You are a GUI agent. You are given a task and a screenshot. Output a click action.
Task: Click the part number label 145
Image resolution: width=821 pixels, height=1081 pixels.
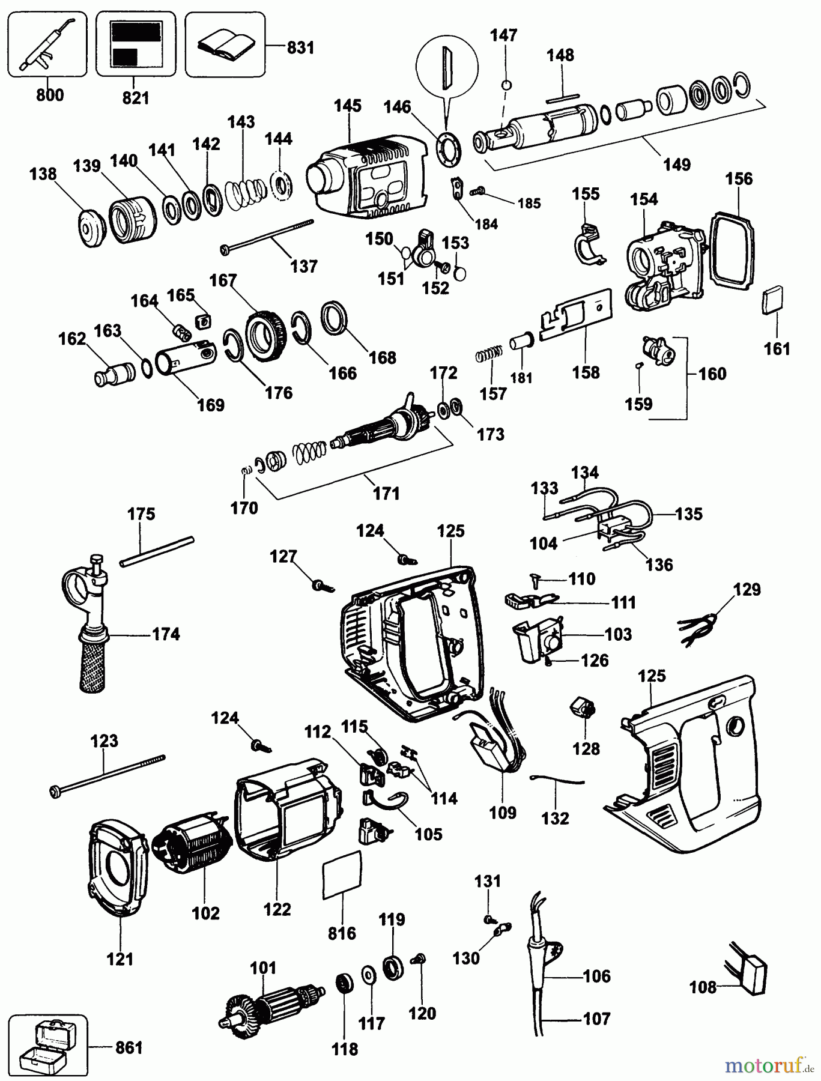(348, 106)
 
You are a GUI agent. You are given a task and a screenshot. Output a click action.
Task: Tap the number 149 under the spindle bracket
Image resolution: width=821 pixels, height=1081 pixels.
(677, 164)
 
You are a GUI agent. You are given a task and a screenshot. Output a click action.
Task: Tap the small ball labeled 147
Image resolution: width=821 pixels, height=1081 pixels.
(506, 85)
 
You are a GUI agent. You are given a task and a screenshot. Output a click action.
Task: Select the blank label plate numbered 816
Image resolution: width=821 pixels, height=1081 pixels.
(342, 874)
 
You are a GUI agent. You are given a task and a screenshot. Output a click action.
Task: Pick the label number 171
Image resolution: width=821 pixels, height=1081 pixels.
(386, 493)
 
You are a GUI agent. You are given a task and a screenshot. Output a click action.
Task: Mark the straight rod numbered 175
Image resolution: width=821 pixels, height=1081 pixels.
(157, 551)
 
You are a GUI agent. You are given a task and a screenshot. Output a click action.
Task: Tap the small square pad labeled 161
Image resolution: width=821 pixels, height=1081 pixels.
(773, 299)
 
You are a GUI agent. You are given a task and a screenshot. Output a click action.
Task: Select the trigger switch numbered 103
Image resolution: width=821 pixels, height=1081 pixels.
(538, 640)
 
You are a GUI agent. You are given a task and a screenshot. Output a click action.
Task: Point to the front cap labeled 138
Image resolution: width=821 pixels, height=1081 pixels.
(92, 227)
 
